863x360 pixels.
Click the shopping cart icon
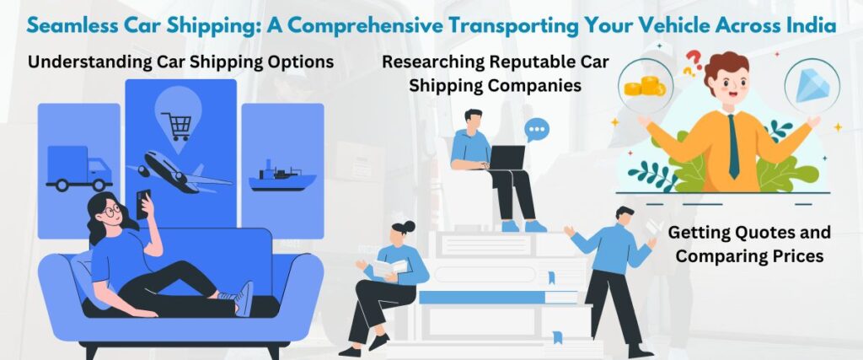[x=176, y=126]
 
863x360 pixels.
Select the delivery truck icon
[x=78, y=168]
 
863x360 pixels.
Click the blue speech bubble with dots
[x=536, y=130]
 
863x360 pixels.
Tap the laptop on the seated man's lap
[x=507, y=158]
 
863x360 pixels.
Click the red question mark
[x=694, y=60]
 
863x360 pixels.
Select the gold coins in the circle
[x=643, y=84]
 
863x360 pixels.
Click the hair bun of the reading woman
[x=409, y=226]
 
